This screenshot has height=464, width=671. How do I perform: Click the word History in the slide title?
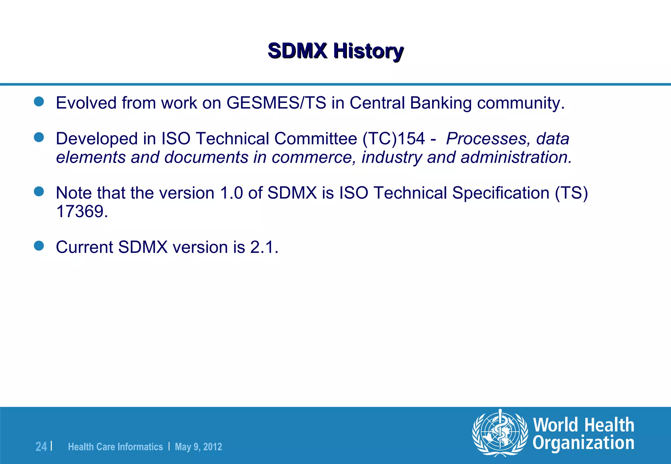pyautogui.click(x=368, y=51)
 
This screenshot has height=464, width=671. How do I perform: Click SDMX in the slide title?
pyautogui.click(x=297, y=51)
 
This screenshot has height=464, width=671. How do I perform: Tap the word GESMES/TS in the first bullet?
pyautogui.click(x=276, y=103)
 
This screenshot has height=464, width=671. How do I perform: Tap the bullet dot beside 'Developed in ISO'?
pyautogui.click(x=39, y=137)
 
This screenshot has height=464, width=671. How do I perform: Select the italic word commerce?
pyautogui.click(x=314, y=157)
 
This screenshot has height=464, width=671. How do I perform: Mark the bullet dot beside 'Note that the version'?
pyautogui.click(x=39, y=191)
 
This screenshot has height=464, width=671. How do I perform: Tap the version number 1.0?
pyautogui.click(x=231, y=193)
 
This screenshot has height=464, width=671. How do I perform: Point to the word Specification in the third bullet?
pyautogui.click(x=501, y=193)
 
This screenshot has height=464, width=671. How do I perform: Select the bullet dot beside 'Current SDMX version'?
pyautogui.click(x=39, y=246)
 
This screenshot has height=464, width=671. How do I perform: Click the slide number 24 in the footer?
pyautogui.click(x=41, y=447)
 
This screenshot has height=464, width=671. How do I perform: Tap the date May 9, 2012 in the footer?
pyautogui.click(x=198, y=447)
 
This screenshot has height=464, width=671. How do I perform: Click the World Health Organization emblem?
pyautogui.click(x=500, y=433)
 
